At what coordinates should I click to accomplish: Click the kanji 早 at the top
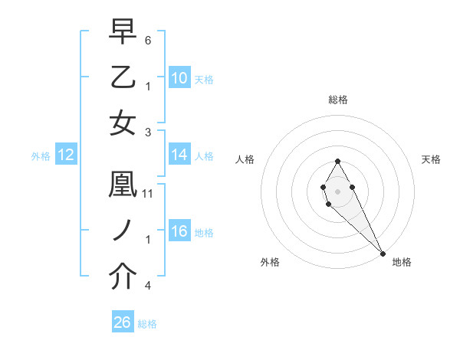[123, 34]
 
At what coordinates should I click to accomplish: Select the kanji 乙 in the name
[123, 79]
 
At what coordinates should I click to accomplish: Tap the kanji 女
[123, 123]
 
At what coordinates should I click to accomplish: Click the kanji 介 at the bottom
[123, 277]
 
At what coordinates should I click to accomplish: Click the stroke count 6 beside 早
[148, 40]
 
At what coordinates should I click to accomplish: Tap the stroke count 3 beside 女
[148, 131]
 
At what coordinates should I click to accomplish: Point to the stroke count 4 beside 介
[148, 286]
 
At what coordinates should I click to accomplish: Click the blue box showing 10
[179, 78]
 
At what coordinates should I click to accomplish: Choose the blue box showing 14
[179, 155]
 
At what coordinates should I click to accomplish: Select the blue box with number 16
[179, 232]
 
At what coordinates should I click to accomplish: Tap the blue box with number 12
[66, 155]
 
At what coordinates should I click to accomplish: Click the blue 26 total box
[123, 323]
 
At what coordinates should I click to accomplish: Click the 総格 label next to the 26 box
[147, 324]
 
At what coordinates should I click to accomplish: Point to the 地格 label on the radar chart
[402, 263]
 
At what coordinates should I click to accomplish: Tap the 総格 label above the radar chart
[337, 100]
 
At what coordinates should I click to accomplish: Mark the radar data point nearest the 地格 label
[383, 254]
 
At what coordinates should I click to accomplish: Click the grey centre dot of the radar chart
[337, 191]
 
